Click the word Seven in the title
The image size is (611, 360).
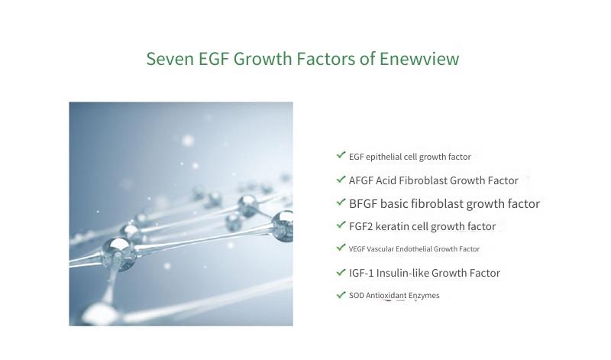170,59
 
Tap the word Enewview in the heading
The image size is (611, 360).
419,59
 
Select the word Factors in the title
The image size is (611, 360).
326,59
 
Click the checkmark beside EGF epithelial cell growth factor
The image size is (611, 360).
341,155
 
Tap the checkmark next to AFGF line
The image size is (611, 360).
341,180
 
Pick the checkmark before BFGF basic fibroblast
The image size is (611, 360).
341,202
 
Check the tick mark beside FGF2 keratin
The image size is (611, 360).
341,225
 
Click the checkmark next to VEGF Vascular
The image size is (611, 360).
341,248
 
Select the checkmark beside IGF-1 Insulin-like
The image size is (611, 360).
341,272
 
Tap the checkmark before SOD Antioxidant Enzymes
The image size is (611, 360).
341,294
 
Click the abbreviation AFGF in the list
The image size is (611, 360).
360,180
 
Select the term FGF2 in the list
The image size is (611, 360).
360,226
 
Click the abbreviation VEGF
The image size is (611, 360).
357,249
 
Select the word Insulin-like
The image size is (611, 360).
402,273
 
